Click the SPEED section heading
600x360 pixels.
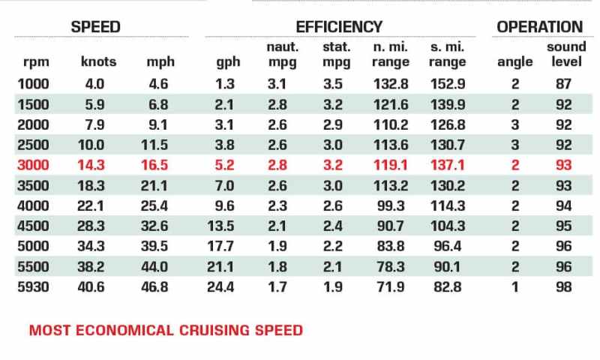(x=96, y=27)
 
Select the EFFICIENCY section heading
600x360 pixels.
(x=339, y=27)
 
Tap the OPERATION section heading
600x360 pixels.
(x=539, y=27)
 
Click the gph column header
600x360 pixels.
(x=228, y=62)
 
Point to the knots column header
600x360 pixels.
(x=98, y=61)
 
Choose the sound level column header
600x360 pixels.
(x=566, y=54)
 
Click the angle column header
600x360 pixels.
(x=514, y=62)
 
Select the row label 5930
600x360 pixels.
(x=33, y=287)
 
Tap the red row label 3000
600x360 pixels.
(x=33, y=165)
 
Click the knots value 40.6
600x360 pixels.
(x=91, y=287)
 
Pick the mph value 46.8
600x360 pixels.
(x=154, y=287)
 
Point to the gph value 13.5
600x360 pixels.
(x=220, y=226)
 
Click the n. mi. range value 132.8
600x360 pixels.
(x=391, y=84)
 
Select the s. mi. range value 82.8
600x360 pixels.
(x=447, y=287)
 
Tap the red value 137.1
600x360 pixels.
(x=448, y=165)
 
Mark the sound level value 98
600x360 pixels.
(x=564, y=287)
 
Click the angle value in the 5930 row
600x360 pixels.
(x=515, y=287)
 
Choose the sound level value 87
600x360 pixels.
(x=564, y=84)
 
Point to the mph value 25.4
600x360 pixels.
(x=154, y=205)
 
